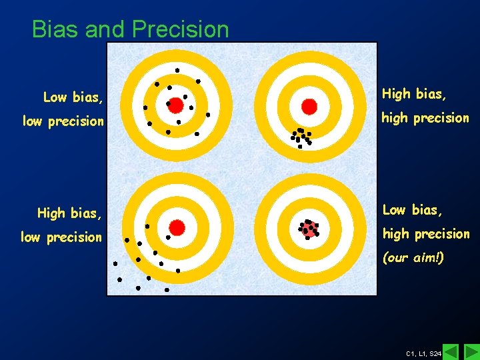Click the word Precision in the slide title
click(x=180, y=29)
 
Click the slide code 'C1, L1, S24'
click(x=423, y=353)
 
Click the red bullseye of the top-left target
click(x=175, y=105)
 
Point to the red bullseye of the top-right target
click(x=309, y=106)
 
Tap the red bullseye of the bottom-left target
click(x=177, y=227)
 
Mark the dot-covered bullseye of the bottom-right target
click(x=308, y=229)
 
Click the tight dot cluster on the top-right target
click(x=301, y=137)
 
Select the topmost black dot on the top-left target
click(x=177, y=70)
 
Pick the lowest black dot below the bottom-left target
click(x=167, y=290)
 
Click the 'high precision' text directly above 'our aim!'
click(x=425, y=234)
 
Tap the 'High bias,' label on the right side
click(x=414, y=95)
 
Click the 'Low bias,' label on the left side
click(x=73, y=98)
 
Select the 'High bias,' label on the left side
click(x=70, y=213)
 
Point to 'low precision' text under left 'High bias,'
click(x=62, y=237)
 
